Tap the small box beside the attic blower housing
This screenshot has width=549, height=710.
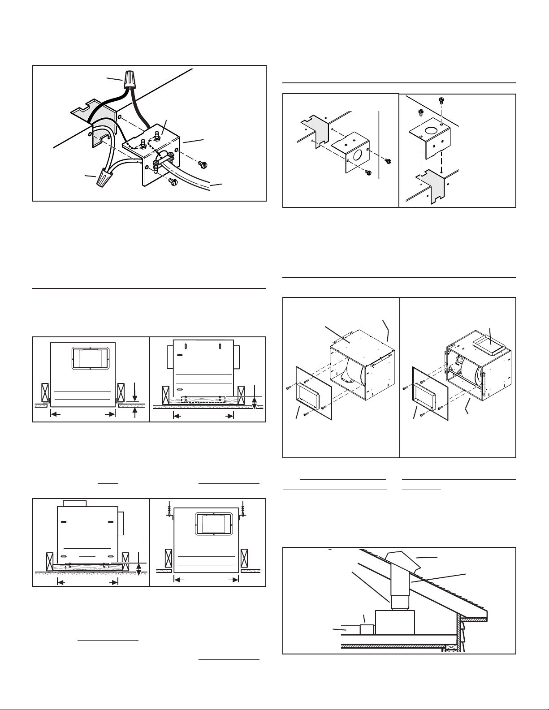point(367,629)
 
